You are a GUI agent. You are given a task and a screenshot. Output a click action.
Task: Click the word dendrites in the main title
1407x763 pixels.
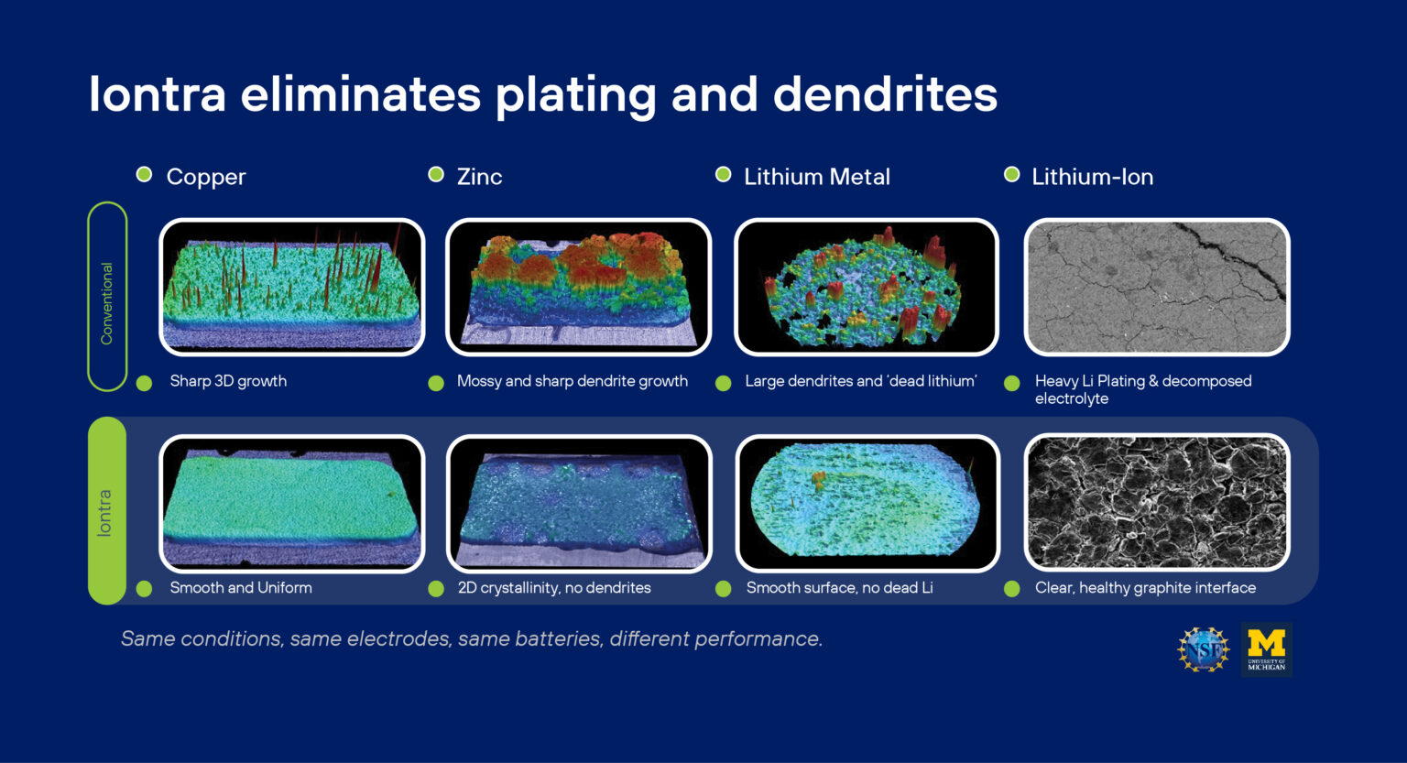pyautogui.click(x=885, y=94)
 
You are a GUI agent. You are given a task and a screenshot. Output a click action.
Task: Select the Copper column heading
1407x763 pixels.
pyautogui.click(x=206, y=177)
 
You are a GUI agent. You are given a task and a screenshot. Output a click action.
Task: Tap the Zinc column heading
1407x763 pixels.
pyautogui.click(x=479, y=177)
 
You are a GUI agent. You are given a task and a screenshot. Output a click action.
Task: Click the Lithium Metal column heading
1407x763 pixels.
pyautogui.click(x=817, y=177)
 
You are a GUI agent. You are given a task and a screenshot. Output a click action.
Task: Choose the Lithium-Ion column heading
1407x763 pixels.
pyautogui.click(x=1092, y=177)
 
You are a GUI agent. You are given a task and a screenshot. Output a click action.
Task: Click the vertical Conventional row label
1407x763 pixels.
pyautogui.click(x=107, y=303)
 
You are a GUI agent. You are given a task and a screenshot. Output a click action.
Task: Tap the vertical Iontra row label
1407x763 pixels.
pyautogui.click(x=104, y=513)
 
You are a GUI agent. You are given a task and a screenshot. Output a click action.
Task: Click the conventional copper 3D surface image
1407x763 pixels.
pyautogui.click(x=292, y=287)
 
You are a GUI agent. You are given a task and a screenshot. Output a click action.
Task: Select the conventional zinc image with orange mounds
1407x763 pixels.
pyautogui.click(x=579, y=287)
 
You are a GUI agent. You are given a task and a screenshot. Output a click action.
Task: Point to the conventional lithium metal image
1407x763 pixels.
pyautogui.click(x=867, y=287)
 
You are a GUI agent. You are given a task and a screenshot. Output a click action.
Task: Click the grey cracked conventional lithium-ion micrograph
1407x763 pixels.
pyautogui.click(x=1157, y=287)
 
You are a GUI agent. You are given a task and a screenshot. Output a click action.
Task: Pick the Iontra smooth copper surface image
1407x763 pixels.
pyautogui.click(x=292, y=504)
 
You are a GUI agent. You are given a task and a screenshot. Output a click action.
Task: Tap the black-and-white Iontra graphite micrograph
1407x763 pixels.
pyautogui.click(x=1157, y=502)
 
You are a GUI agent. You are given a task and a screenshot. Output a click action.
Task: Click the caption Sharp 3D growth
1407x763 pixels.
pyautogui.click(x=228, y=381)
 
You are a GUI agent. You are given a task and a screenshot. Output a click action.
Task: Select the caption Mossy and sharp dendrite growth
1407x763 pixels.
pyautogui.click(x=573, y=381)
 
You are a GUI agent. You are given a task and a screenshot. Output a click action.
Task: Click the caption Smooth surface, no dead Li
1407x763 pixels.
pyautogui.click(x=840, y=588)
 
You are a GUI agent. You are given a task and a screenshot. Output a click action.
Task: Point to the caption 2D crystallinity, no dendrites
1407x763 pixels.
pyautogui.click(x=554, y=588)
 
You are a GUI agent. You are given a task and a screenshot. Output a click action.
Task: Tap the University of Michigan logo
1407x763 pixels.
pyautogui.click(x=1266, y=650)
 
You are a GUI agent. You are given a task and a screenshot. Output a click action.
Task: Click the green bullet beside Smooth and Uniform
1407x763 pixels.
pyautogui.click(x=145, y=589)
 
